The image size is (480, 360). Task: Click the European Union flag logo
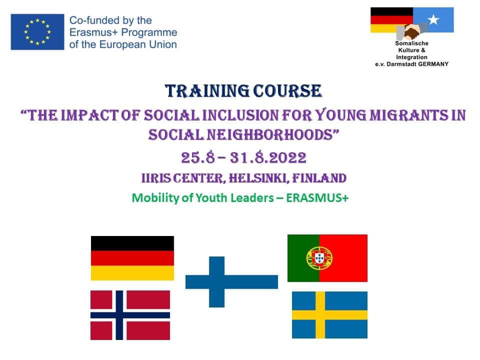[x=37, y=32]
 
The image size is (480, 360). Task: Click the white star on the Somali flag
[x=433, y=19]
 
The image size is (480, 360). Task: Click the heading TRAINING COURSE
[x=243, y=91]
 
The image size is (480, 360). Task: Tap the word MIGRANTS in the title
[x=409, y=115]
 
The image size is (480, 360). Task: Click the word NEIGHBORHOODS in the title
[x=270, y=134]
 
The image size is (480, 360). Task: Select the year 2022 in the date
[x=287, y=158]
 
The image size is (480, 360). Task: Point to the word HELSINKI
[x=258, y=178]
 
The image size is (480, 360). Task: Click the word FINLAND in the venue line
[x=319, y=178]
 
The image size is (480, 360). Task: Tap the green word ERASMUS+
[x=317, y=198]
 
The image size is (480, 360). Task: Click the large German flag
[x=132, y=258]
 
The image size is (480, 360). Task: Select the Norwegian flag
[x=130, y=315]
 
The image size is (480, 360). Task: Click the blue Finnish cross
[x=216, y=281]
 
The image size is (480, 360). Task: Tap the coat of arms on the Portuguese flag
[x=319, y=258]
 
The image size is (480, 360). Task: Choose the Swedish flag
[x=329, y=314]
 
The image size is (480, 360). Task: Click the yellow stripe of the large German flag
[x=132, y=273]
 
